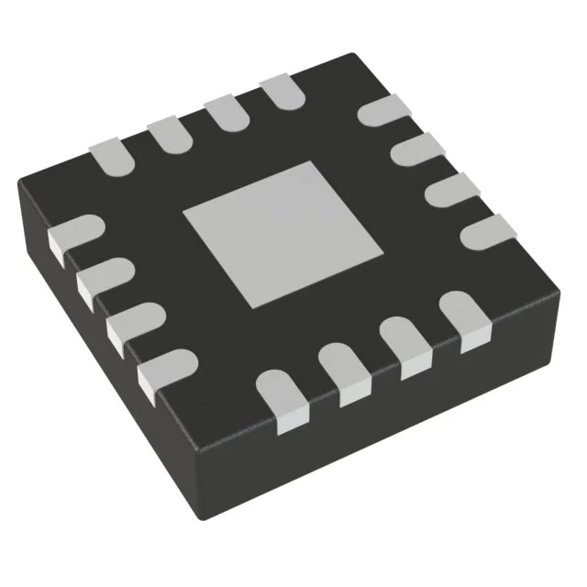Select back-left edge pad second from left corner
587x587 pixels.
tap(168, 134)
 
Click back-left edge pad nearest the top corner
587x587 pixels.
tap(282, 92)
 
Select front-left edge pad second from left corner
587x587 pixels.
tap(102, 279)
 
